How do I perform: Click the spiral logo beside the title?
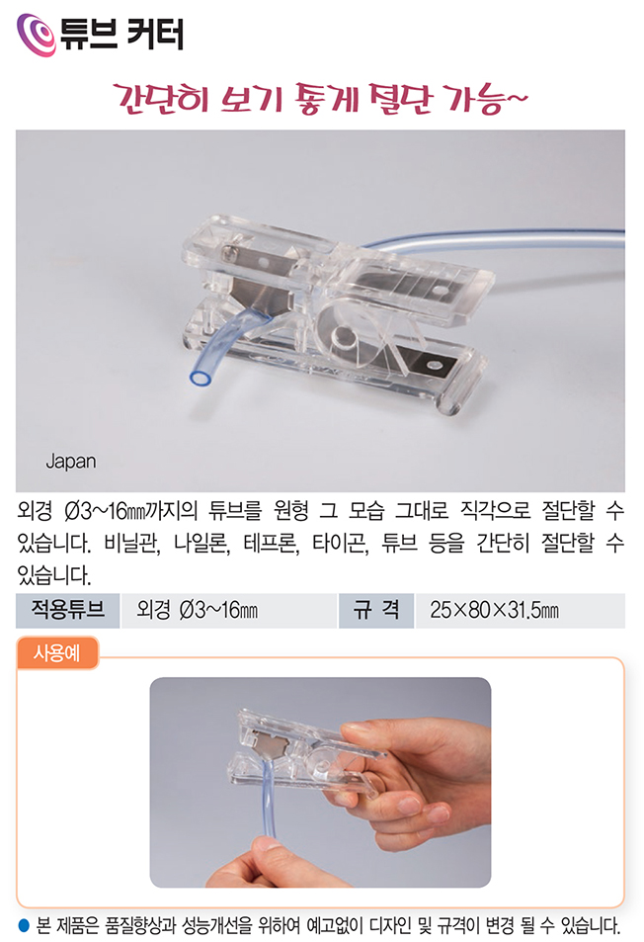[36, 35]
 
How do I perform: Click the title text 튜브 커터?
[121, 34]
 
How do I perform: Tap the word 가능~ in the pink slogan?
[486, 98]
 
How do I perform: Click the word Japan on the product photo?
[71, 462]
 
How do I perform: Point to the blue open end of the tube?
[201, 378]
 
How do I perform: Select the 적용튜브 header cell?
[68, 611]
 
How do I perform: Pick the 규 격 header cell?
[375, 611]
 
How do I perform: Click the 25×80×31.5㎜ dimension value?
[494, 611]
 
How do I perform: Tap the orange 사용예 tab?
[57, 652]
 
